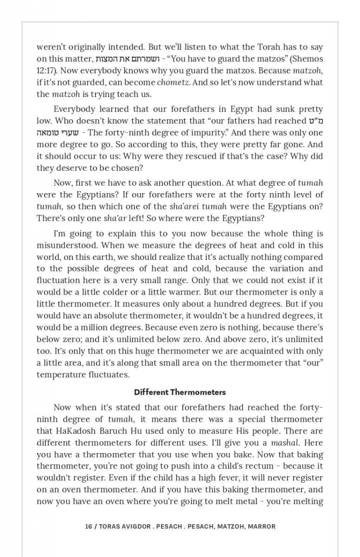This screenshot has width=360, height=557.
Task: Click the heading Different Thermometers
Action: point(180,392)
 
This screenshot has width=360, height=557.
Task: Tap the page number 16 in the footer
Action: point(88,526)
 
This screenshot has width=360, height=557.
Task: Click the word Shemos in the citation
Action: point(305,59)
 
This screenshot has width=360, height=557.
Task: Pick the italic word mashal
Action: point(285,443)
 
